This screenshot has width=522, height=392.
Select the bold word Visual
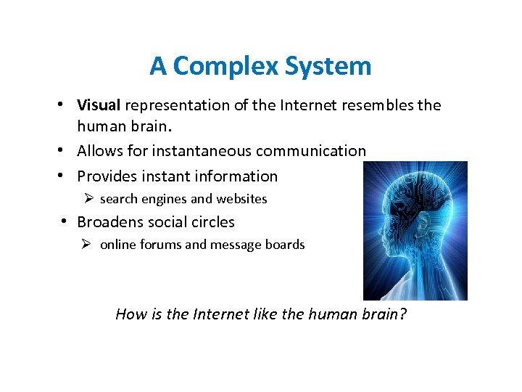coord(99,105)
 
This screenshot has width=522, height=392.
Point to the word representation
coord(178,105)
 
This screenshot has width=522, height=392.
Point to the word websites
coord(242,199)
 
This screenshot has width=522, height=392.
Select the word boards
coord(283,245)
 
